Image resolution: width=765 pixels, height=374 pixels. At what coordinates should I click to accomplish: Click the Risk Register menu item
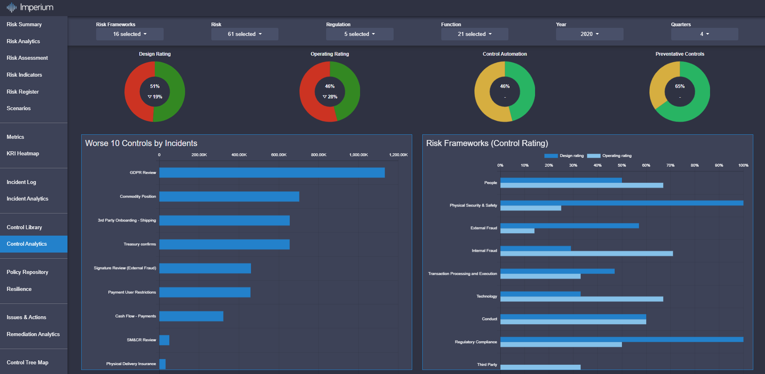tap(23, 92)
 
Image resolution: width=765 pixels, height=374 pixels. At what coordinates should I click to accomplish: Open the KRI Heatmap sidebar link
tap(23, 153)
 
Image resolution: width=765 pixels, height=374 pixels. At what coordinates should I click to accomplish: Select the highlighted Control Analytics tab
tap(27, 244)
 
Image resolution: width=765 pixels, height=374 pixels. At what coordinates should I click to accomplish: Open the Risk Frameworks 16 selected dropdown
tap(130, 34)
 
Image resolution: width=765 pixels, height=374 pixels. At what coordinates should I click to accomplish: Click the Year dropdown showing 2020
tap(589, 34)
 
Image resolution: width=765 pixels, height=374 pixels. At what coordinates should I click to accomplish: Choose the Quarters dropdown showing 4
tap(704, 34)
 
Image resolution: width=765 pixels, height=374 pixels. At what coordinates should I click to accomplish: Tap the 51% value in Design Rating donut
tap(155, 86)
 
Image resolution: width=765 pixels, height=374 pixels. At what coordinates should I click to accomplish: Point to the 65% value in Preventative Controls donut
tap(680, 86)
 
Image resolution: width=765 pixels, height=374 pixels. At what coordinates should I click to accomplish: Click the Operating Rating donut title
tap(330, 54)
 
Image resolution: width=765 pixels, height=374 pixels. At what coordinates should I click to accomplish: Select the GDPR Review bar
tap(272, 173)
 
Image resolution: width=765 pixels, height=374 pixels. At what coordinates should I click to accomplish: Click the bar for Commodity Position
tap(229, 196)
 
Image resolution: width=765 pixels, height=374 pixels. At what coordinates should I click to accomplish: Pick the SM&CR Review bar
tap(164, 340)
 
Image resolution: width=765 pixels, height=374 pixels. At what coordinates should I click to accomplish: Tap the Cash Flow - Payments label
tap(135, 316)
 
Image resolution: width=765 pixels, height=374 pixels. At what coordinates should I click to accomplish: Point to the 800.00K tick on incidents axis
tap(318, 155)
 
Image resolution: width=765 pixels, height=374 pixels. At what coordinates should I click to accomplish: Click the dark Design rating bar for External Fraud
tap(569, 226)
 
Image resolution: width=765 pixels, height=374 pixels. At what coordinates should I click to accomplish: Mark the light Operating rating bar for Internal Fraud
tap(586, 254)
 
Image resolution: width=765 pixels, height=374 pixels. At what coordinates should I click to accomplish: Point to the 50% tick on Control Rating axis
tap(622, 165)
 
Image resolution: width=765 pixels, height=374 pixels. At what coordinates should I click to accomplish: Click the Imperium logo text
tap(36, 7)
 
